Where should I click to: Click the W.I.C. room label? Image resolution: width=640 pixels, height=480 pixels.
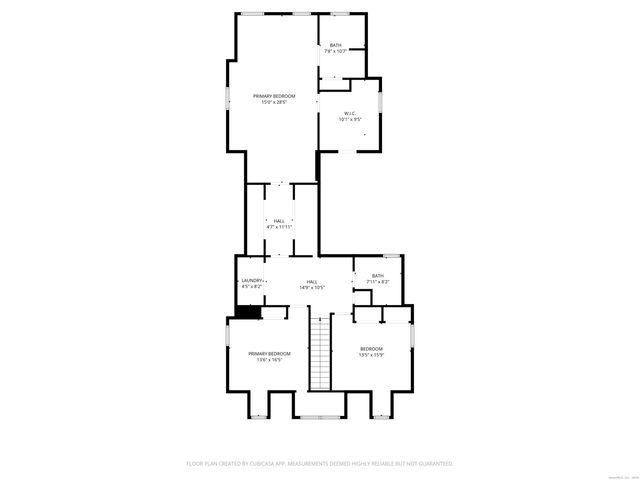click(x=349, y=113)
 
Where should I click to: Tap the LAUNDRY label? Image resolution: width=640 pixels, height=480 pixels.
click(x=252, y=280)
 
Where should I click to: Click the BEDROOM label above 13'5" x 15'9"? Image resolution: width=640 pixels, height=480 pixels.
click(x=371, y=348)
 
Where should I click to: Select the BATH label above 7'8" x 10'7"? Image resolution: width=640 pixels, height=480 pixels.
click(x=335, y=45)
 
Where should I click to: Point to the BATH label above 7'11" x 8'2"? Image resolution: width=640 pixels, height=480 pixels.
click(x=377, y=276)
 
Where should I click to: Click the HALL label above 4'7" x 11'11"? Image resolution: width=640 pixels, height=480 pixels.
click(x=278, y=221)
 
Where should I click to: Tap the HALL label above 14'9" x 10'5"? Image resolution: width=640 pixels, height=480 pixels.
click(x=312, y=282)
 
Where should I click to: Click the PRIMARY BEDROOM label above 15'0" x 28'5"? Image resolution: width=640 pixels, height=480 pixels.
click(x=274, y=96)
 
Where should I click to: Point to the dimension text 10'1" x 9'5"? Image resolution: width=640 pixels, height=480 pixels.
click(x=349, y=120)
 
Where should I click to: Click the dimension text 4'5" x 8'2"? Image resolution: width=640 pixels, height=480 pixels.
click(x=251, y=287)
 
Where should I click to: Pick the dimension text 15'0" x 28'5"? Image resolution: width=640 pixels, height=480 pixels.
click(x=274, y=102)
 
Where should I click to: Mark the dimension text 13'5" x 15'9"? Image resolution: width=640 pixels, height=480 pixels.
click(x=371, y=355)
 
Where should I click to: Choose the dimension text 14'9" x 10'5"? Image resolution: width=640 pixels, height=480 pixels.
click(x=312, y=288)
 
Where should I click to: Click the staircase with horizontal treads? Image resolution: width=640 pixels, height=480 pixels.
click(x=320, y=355)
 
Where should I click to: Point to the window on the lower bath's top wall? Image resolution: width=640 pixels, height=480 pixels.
click(x=393, y=257)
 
